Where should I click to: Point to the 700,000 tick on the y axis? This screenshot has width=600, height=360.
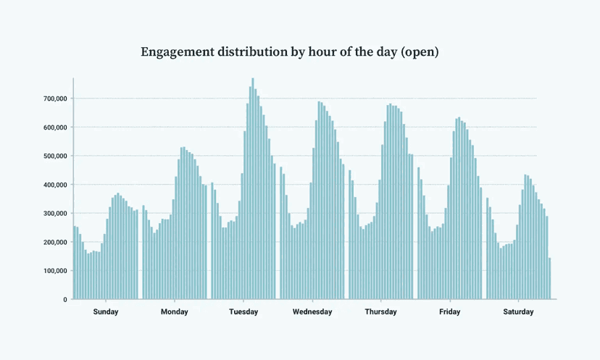(54, 99)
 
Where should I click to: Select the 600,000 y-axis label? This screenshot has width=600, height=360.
(54, 127)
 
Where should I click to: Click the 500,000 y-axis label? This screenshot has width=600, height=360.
(54, 156)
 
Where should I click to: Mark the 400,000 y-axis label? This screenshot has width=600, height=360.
(54, 185)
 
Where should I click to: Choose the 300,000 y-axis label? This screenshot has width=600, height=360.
(54, 214)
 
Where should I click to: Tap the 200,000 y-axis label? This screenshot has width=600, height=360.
(54, 242)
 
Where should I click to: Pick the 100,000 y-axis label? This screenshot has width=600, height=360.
(54, 271)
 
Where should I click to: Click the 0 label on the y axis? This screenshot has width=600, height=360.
(64, 299)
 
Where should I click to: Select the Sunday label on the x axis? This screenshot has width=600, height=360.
(106, 312)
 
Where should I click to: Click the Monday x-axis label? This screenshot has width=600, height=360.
(175, 312)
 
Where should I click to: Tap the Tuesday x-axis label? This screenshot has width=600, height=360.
(243, 312)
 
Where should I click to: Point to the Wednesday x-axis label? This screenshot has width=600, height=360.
(312, 312)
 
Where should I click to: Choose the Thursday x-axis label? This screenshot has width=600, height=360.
(380, 312)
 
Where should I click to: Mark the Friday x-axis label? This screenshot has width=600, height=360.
(449, 312)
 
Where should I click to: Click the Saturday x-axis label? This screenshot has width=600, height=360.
(518, 312)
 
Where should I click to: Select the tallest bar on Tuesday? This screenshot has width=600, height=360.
(253, 188)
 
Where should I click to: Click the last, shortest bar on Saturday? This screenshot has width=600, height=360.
(550, 279)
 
